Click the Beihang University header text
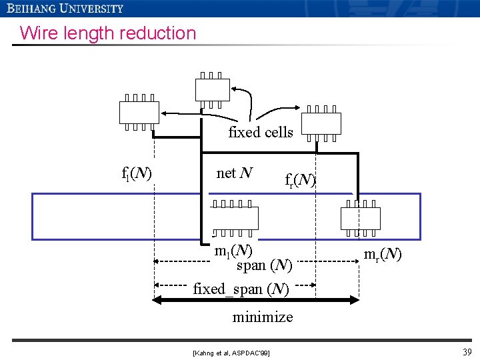65,9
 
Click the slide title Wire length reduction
108,33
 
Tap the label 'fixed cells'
261,132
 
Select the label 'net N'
235,173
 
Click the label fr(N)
300,180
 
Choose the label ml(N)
233,251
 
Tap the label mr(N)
382,253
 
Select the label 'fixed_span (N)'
241,289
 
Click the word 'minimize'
262,317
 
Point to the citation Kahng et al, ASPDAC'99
231,351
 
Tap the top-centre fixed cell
213,90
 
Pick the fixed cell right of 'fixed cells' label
321,124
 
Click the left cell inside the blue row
233,219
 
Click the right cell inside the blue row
360,219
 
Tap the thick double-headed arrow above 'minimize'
256,301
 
